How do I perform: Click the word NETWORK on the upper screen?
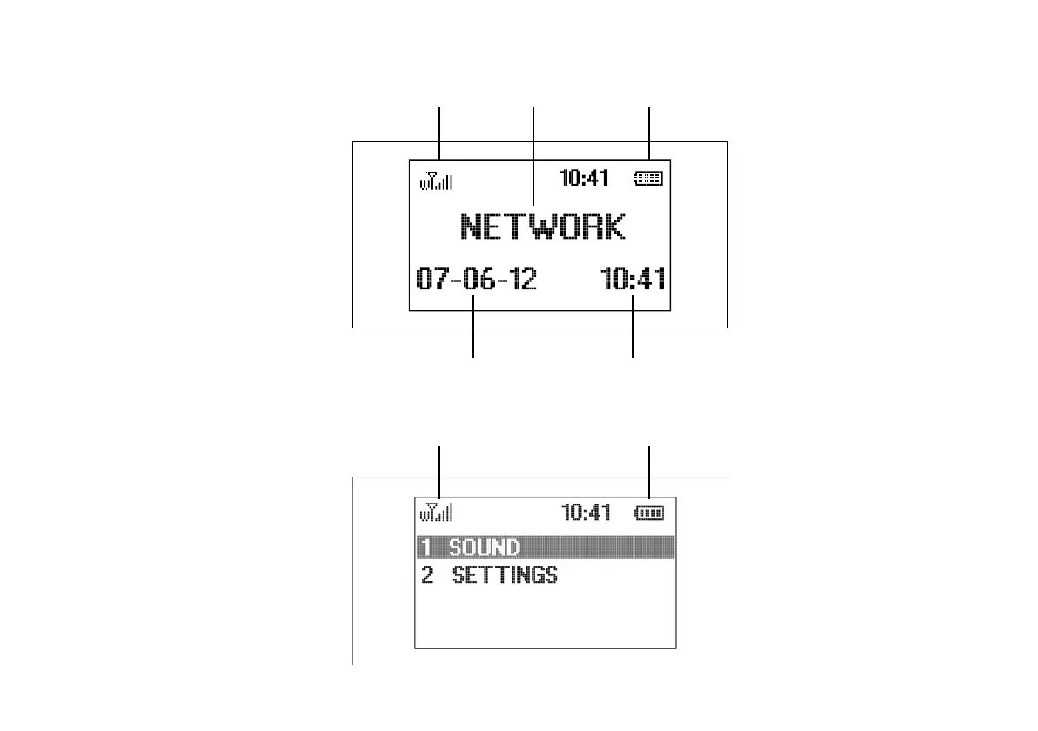click(542, 227)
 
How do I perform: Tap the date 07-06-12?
click(477, 280)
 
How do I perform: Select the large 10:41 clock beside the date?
click(634, 280)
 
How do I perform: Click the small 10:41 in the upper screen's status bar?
click(584, 179)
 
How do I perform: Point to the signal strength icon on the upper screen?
click(436, 180)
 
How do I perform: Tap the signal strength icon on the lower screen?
click(436, 513)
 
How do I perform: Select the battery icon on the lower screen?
click(649, 513)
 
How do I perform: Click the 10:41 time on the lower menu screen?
click(587, 512)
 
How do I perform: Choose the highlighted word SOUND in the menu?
click(485, 547)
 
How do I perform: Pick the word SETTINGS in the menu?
click(505, 575)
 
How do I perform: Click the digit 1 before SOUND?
click(426, 547)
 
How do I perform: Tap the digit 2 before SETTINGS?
click(427, 575)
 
